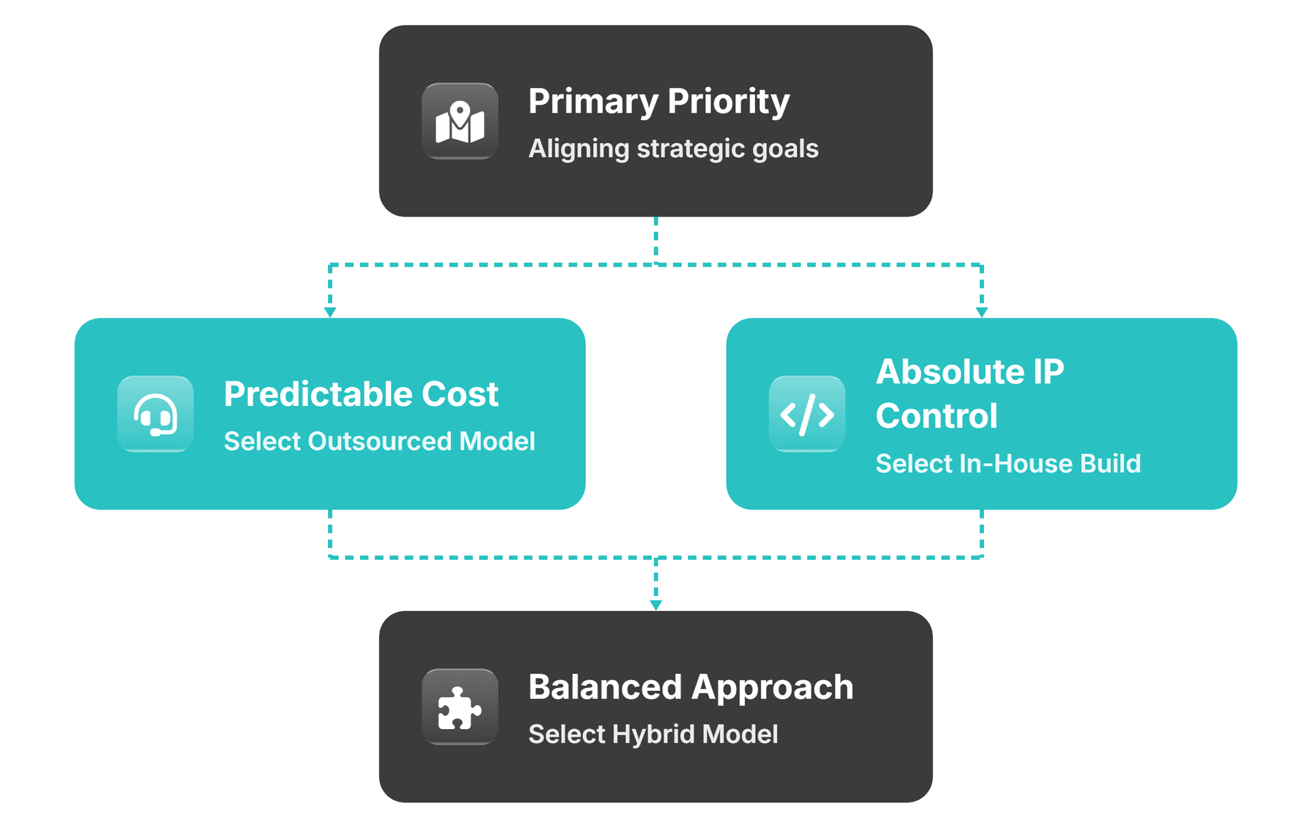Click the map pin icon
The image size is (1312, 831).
(x=460, y=122)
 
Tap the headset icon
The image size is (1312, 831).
(x=155, y=414)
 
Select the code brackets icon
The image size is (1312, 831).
(x=807, y=414)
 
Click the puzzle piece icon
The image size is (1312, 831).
(x=460, y=707)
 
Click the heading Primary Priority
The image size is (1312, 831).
(x=659, y=101)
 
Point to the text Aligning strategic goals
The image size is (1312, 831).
(x=673, y=149)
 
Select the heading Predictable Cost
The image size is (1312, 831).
(x=361, y=394)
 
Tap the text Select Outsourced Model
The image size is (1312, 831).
(x=379, y=441)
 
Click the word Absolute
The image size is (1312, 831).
(x=951, y=372)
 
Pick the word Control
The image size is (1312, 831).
(x=937, y=416)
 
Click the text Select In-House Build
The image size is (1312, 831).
(x=1008, y=464)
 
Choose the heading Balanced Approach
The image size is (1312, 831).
(x=691, y=687)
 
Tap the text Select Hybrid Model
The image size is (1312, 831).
(x=653, y=735)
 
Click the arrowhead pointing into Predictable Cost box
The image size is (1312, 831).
(x=330, y=312)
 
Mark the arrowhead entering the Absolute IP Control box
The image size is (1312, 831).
(x=982, y=312)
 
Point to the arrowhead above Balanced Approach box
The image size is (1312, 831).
(x=656, y=605)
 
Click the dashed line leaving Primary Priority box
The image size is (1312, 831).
(x=656, y=239)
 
